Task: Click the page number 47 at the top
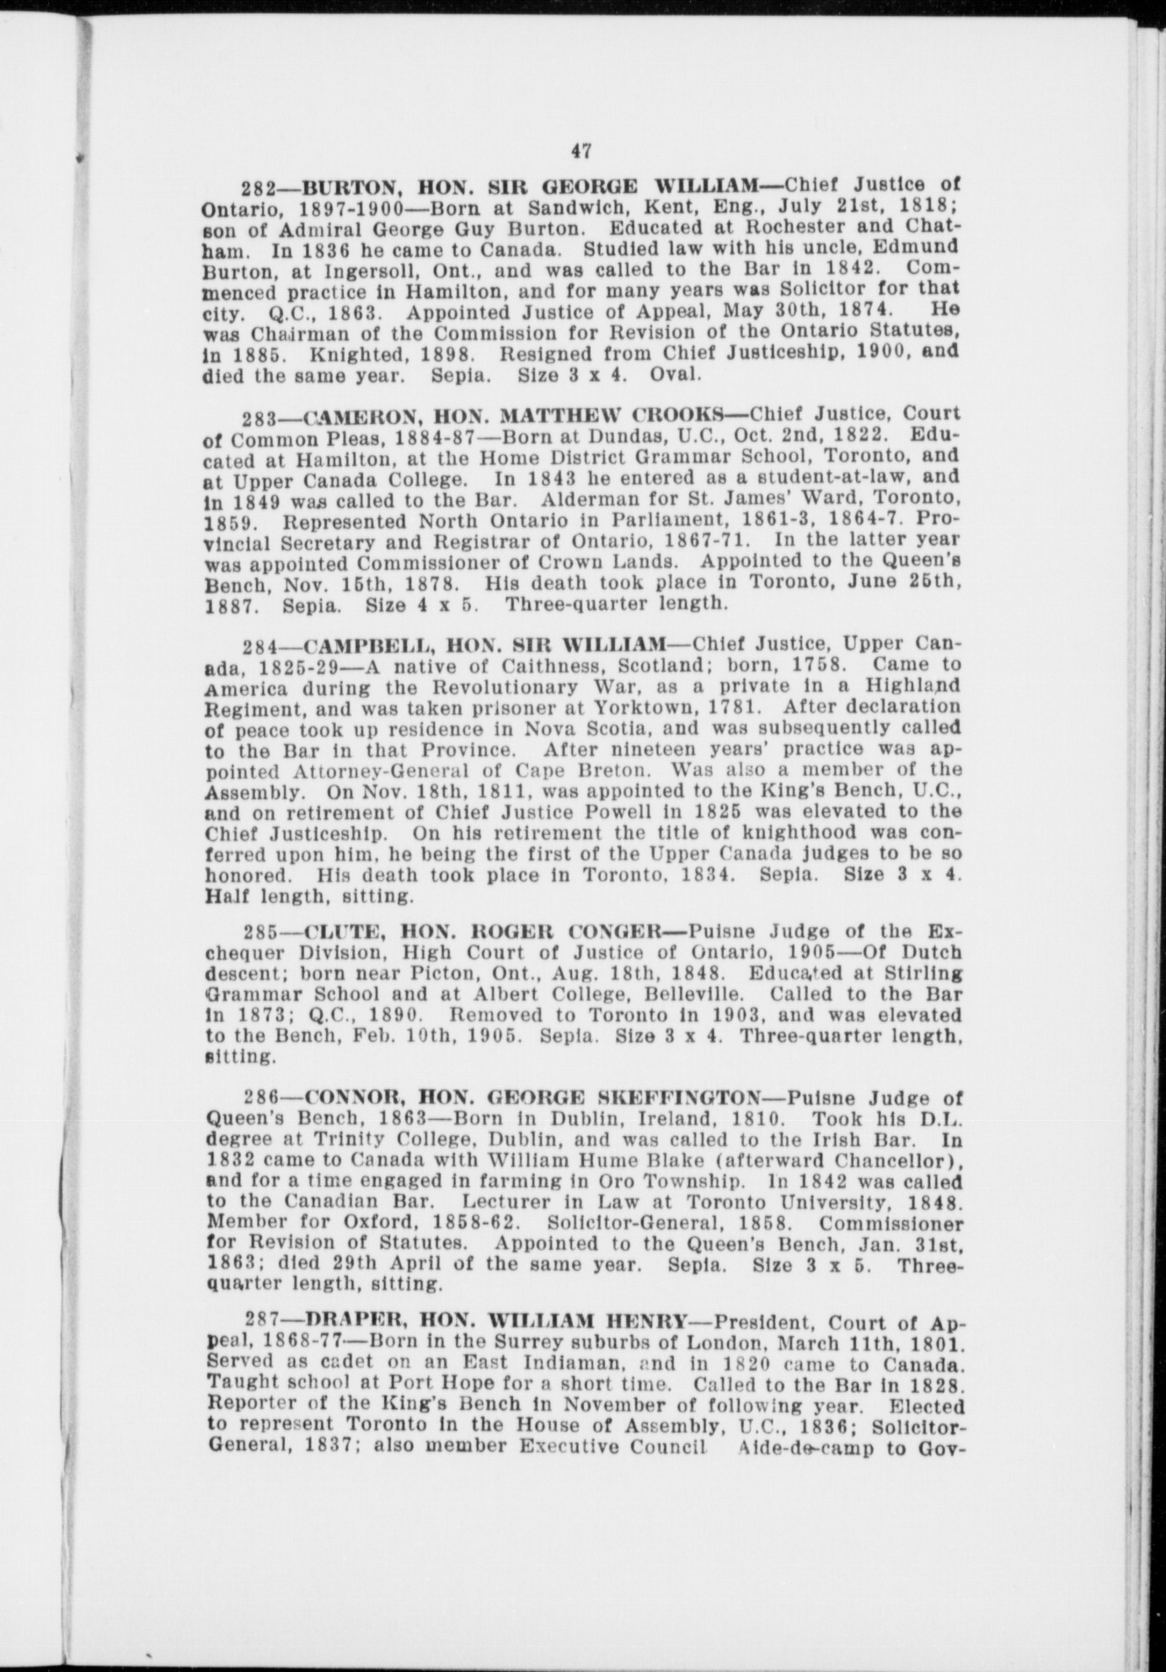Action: pos(580,152)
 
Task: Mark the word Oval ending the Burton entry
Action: pos(676,374)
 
